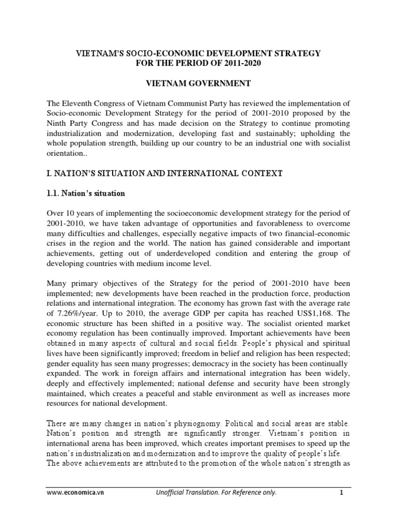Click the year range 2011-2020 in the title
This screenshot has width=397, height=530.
[248, 64]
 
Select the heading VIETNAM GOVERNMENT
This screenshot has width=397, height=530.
[198, 83]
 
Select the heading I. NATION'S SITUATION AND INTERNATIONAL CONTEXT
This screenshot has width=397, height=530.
[164, 174]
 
